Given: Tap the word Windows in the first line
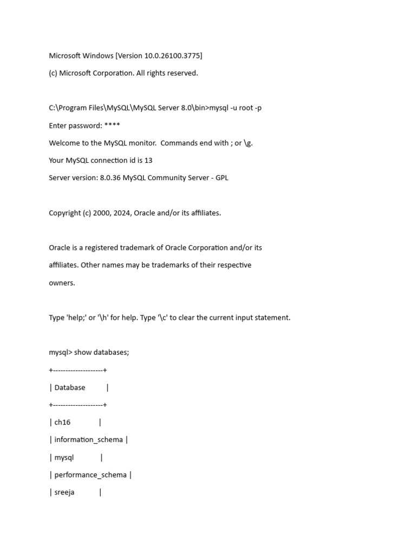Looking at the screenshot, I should tap(99, 56).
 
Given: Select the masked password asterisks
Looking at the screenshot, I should tap(112, 126).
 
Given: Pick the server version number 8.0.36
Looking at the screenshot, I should tap(110, 178).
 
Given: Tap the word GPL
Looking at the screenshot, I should tap(222, 178).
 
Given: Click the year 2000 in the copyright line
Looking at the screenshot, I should tap(101, 213).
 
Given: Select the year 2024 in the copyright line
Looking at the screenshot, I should tap(122, 213).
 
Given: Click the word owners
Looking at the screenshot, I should tap(62, 283).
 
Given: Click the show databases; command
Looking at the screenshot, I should tap(101, 353).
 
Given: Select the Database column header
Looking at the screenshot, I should tap(70, 387).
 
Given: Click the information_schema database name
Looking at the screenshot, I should tap(88, 440).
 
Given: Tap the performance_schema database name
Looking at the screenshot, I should tap(90, 475).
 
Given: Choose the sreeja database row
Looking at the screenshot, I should tap(64, 492).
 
